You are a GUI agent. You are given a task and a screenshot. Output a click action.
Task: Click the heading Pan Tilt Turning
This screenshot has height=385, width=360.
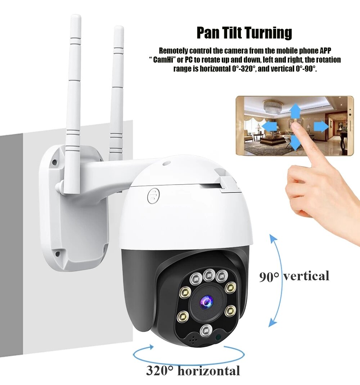tap(244, 33)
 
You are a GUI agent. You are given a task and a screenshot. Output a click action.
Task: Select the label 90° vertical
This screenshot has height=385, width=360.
tap(294, 276)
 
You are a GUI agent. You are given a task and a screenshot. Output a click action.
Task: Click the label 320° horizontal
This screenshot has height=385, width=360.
tap(193, 371)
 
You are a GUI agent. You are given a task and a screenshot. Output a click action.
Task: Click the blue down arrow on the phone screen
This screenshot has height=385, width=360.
tap(295, 142)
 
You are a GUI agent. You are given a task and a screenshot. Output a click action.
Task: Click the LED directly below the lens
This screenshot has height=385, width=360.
tap(206, 330)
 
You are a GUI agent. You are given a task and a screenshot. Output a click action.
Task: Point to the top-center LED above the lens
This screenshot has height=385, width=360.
tap(208, 275)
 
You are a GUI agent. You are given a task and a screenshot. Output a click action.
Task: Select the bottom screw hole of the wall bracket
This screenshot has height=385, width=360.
tap(57, 254)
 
